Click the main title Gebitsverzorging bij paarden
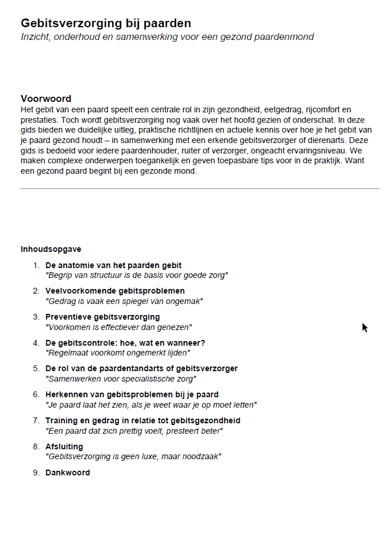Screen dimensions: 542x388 (x=106, y=23)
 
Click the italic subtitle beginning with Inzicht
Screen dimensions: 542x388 (x=167, y=37)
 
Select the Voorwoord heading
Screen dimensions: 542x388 (x=46, y=98)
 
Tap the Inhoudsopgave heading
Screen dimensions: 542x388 (x=51, y=250)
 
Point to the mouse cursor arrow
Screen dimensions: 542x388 (x=364, y=328)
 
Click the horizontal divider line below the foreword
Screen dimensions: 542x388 (x=200, y=188)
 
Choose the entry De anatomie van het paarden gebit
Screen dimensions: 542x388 (x=114, y=265)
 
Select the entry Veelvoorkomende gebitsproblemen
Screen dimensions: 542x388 (x=115, y=291)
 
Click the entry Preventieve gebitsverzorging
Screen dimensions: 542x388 (x=103, y=317)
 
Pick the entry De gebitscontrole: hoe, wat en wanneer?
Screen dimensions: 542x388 (x=125, y=343)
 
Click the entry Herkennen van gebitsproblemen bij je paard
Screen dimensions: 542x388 (x=132, y=394)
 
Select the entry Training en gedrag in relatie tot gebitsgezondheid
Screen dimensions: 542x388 (x=143, y=420)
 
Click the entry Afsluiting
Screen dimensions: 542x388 (x=64, y=446)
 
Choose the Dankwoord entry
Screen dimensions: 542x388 (x=68, y=473)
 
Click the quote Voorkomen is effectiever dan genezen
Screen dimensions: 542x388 (x=118, y=327)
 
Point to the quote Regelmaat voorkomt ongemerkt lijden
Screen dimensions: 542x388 (x=118, y=352)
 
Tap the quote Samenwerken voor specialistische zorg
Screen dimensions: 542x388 (x=120, y=378)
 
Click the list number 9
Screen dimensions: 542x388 (x=36, y=473)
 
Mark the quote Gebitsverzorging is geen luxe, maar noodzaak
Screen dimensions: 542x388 (x=133, y=456)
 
